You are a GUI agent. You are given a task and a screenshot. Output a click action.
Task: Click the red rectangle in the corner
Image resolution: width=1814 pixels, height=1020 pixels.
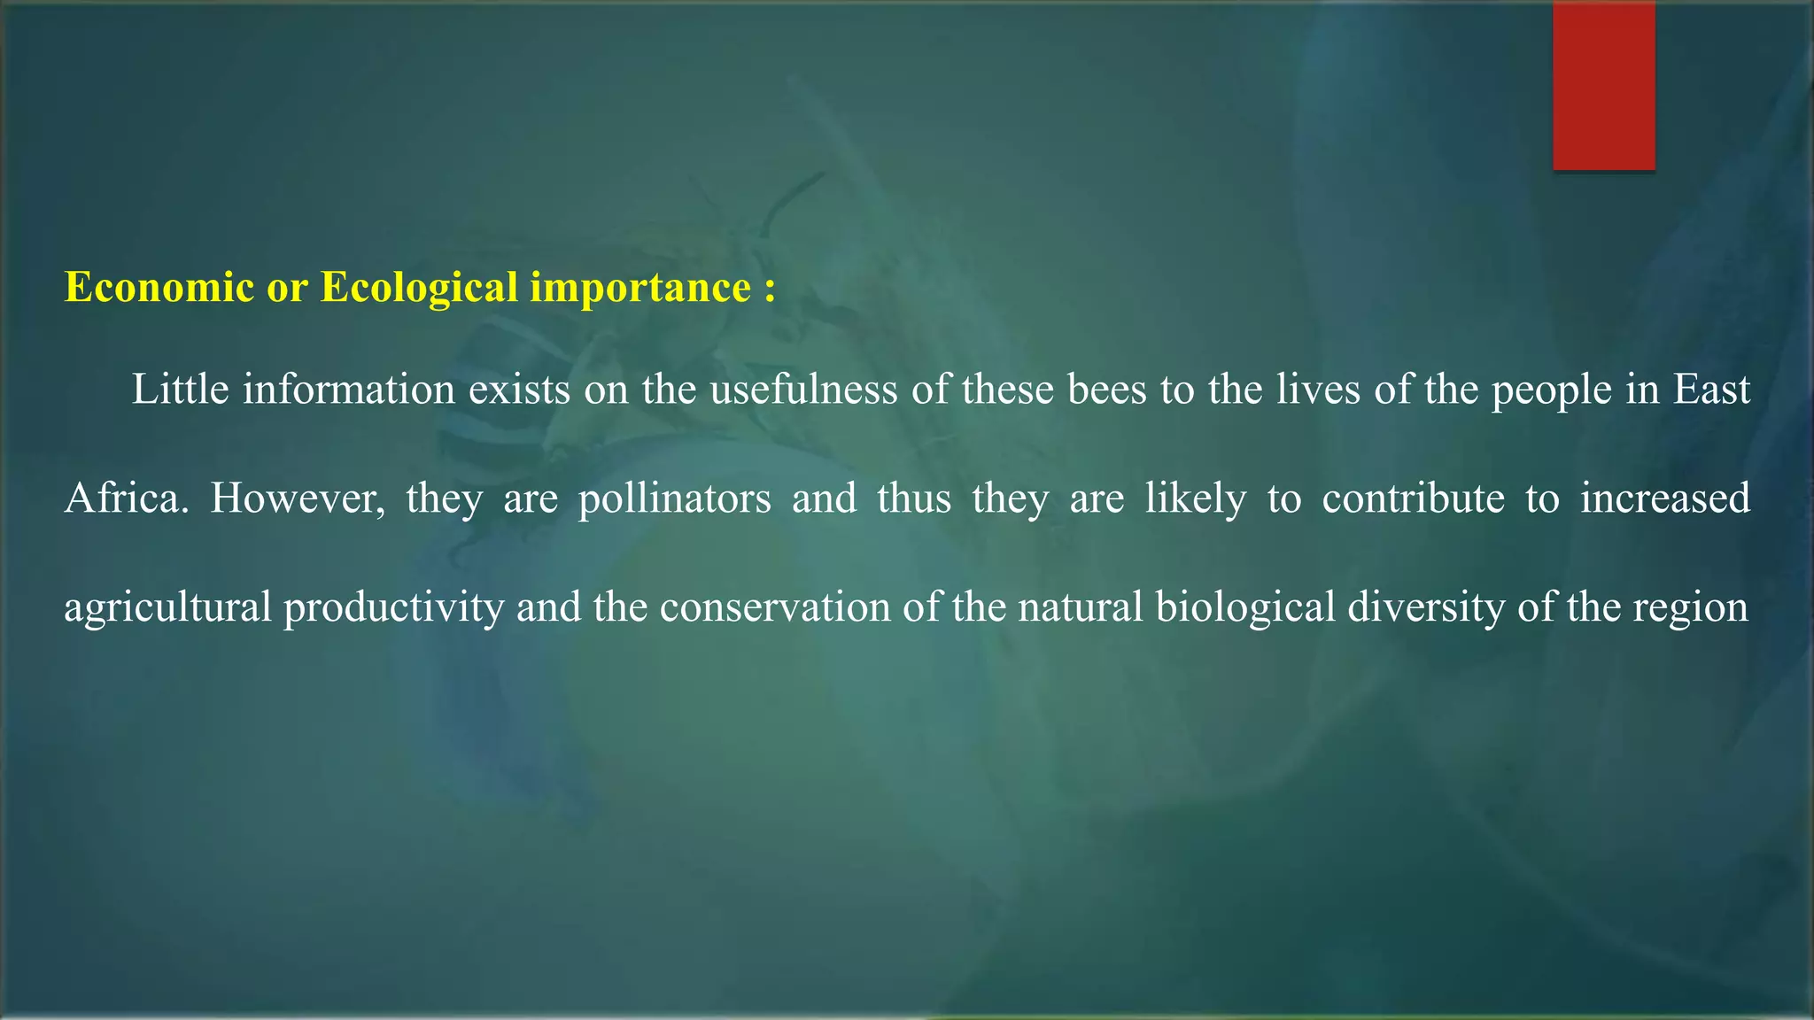pos(1603,85)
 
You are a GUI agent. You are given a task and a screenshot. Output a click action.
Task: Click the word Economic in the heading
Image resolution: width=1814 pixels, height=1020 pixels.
pos(159,288)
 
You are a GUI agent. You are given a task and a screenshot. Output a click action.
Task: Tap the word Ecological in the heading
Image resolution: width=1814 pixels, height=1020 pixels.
pos(419,288)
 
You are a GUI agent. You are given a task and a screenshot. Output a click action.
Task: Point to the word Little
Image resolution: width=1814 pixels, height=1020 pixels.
pos(181,390)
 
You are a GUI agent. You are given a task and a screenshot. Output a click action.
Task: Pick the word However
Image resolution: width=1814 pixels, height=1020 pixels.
pos(298,498)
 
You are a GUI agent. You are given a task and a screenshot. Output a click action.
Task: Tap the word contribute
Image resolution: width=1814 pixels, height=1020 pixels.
pos(1413,498)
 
